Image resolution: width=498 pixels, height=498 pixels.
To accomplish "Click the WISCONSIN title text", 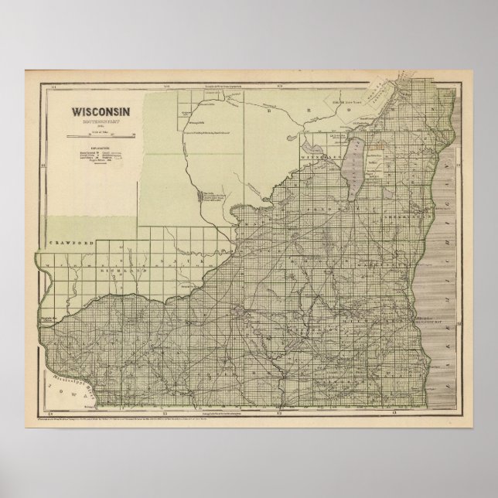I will coord(102,110).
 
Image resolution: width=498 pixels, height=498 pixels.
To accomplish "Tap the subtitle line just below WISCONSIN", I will coord(102,121).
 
